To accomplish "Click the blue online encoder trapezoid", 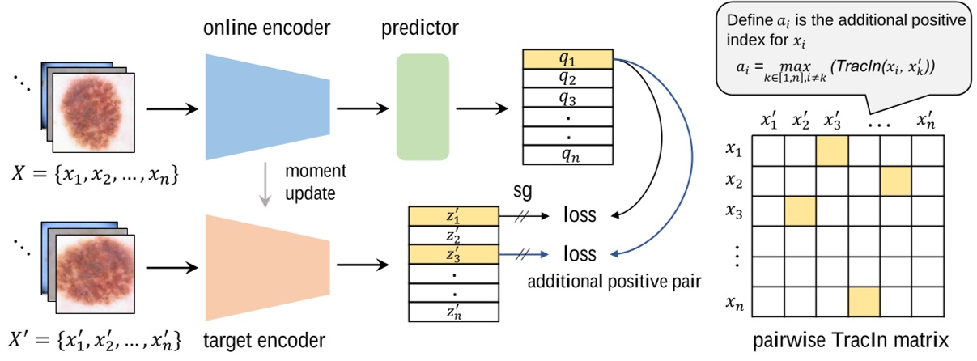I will pyautogui.click(x=267, y=106).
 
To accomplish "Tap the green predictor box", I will pyautogui.click(x=422, y=106).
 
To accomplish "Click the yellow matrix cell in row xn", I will pyautogui.click(x=864, y=302).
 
